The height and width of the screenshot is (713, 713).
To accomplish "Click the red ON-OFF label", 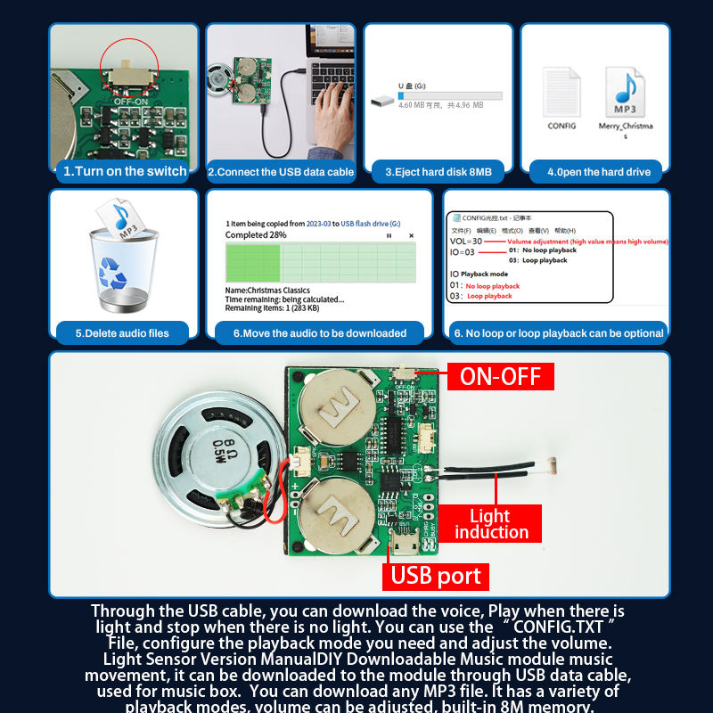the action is pos(500,376).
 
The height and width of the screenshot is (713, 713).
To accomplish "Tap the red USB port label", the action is pos(436,576).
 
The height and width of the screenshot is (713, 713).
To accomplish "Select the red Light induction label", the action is pos(491,524).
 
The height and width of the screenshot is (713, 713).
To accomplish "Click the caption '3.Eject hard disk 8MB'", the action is pos(438,172).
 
